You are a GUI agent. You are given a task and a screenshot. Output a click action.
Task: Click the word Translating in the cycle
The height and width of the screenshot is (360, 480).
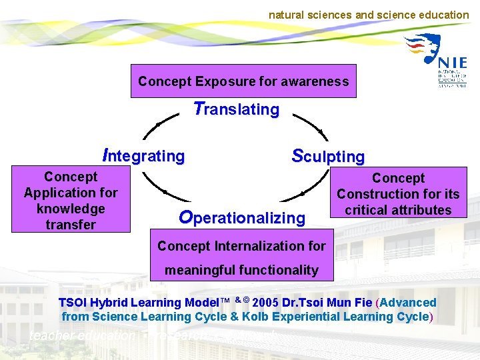click(x=236, y=109)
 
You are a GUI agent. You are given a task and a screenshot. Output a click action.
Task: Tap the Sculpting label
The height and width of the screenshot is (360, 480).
click(x=328, y=157)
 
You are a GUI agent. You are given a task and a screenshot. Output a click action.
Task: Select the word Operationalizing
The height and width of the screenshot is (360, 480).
click(x=242, y=217)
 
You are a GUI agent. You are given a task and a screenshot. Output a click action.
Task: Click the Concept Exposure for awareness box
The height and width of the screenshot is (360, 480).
click(x=243, y=81)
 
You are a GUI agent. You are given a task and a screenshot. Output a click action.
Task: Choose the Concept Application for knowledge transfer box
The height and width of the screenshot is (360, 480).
click(x=71, y=201)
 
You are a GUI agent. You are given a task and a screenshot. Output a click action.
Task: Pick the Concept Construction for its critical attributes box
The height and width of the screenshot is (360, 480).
click(x=398, y=194)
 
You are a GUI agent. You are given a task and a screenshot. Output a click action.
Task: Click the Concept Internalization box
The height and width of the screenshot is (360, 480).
click(x=241, y=257)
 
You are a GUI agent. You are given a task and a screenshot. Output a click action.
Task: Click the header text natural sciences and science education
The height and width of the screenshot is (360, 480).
click(x=369, y=15)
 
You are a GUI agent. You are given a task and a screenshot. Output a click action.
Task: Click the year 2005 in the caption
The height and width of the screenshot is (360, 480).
click(x=267, y=303)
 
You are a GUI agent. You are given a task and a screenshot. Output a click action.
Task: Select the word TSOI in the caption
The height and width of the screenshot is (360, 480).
click(x=73, y=303)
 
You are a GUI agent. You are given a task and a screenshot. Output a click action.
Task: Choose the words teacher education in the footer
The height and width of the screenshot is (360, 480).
click(x=82, y=337)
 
